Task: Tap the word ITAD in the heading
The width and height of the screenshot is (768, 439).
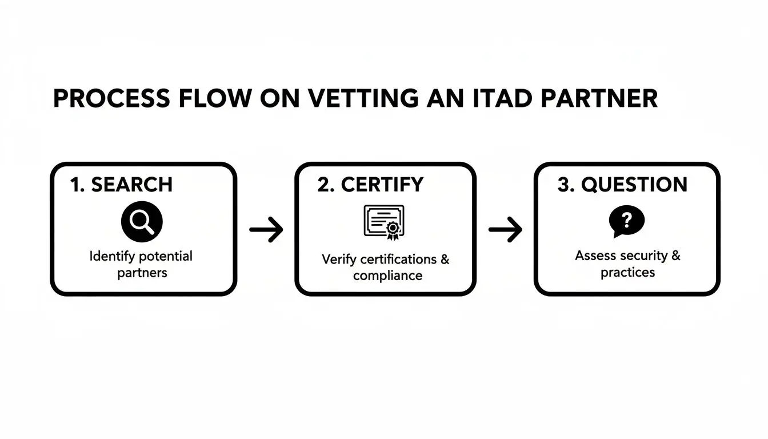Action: click(492, 99)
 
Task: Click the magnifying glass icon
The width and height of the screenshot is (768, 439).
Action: click(142, 222)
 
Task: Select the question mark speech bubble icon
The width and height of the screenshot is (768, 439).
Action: click(626, 221)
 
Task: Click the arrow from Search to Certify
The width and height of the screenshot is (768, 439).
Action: click(266, 230)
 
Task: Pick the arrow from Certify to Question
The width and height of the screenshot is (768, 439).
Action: click(505, 230)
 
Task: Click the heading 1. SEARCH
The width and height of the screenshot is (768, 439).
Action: click(121, 185)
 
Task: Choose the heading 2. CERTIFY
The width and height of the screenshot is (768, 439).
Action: click(370, 185)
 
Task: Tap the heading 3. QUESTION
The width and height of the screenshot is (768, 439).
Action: click(622, 185)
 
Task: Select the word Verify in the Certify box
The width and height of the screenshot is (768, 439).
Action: click(338, 260)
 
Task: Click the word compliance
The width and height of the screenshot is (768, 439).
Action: click(387, 276)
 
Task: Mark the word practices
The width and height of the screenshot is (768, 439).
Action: click(627, 272)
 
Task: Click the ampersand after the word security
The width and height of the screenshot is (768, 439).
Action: click(676, 256)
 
